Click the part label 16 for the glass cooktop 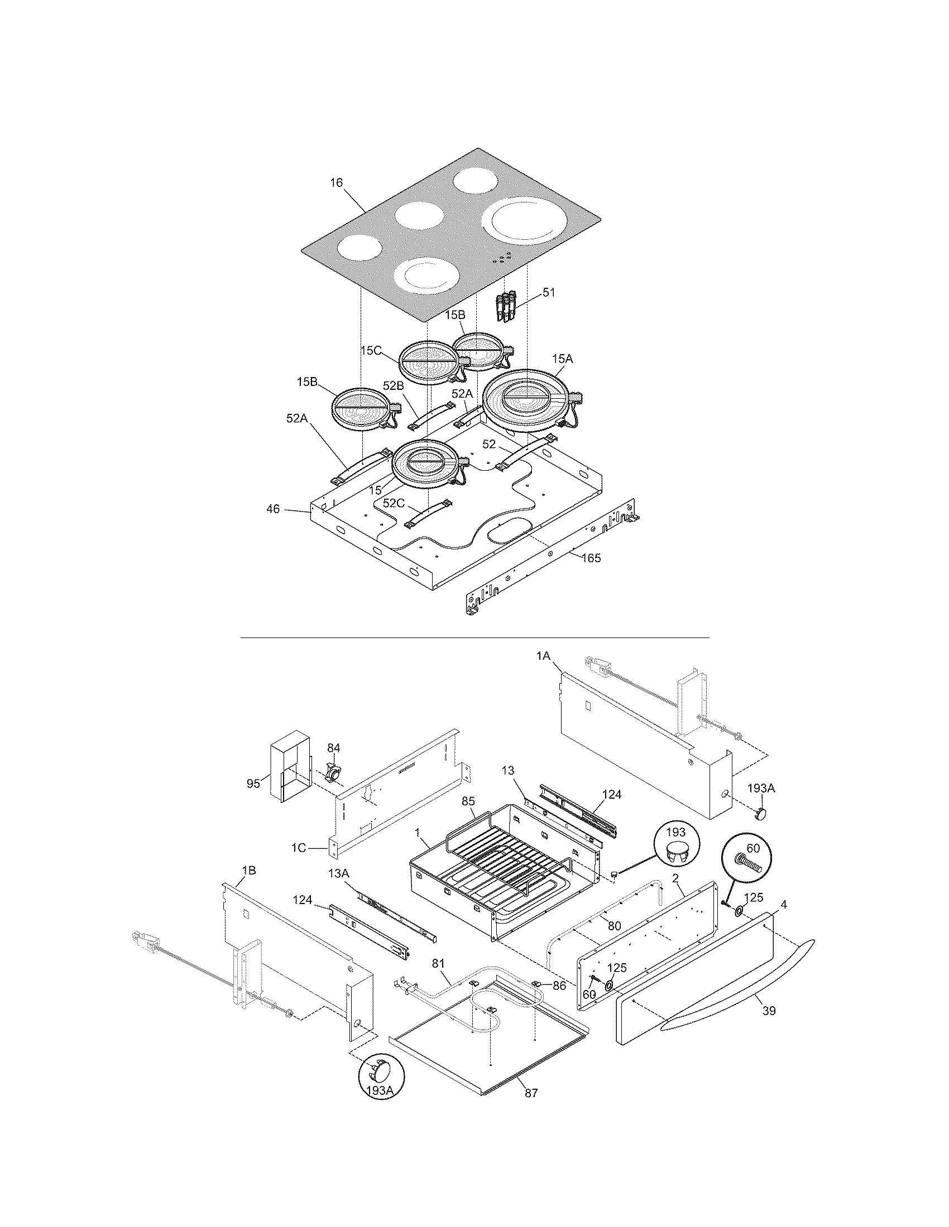click(x=336, y=183)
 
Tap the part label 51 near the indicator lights click(x=548, y=292)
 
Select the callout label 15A click(x=562, y=359)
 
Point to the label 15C click(x=371, y=350)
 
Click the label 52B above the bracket click(x=394, y=385)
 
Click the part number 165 click(x=591, y=558)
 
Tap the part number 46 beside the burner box click(x=272, y=510)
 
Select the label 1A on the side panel click(x=543, y=655)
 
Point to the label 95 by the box click(x=253, y=783)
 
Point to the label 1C click(x=299, y=848)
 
